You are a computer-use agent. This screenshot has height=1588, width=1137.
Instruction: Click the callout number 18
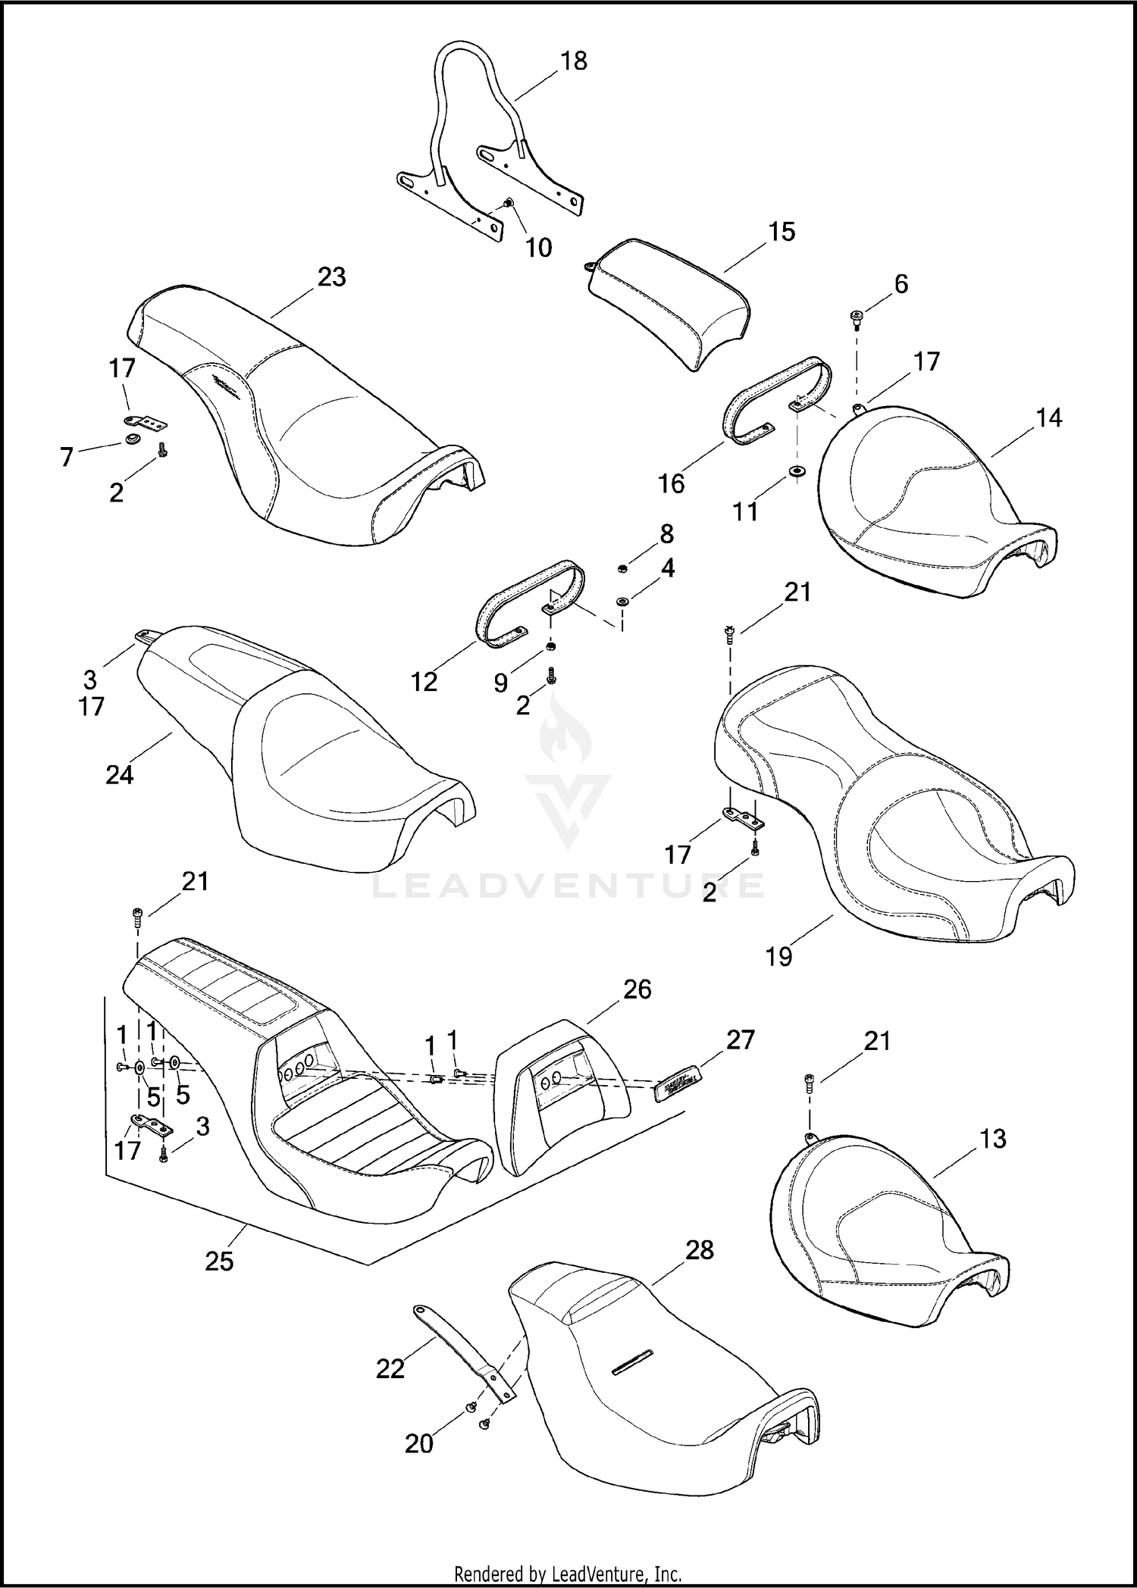[x=574, y=61]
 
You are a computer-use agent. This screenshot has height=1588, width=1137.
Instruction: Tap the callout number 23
[x=331, y=277]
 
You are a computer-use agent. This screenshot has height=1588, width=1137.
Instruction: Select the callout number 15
[x=781, y=231]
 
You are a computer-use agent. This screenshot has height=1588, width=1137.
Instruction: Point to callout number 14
[x=1048, y=417]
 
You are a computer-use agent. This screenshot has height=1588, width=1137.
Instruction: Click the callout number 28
[x=699, y=1249]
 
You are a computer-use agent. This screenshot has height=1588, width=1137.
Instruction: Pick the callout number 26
[x=637, y=989]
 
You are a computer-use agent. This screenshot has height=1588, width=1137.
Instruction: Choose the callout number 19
[x=778, y=956]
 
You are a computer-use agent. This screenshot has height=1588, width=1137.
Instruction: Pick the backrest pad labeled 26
[x=561, y=1091]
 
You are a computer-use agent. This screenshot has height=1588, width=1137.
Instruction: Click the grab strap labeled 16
[x=777, y=398]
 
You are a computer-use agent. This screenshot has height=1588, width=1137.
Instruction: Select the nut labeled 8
[x=621, y=567]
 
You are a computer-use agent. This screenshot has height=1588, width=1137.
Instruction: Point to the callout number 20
[x=418, y=1443]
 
